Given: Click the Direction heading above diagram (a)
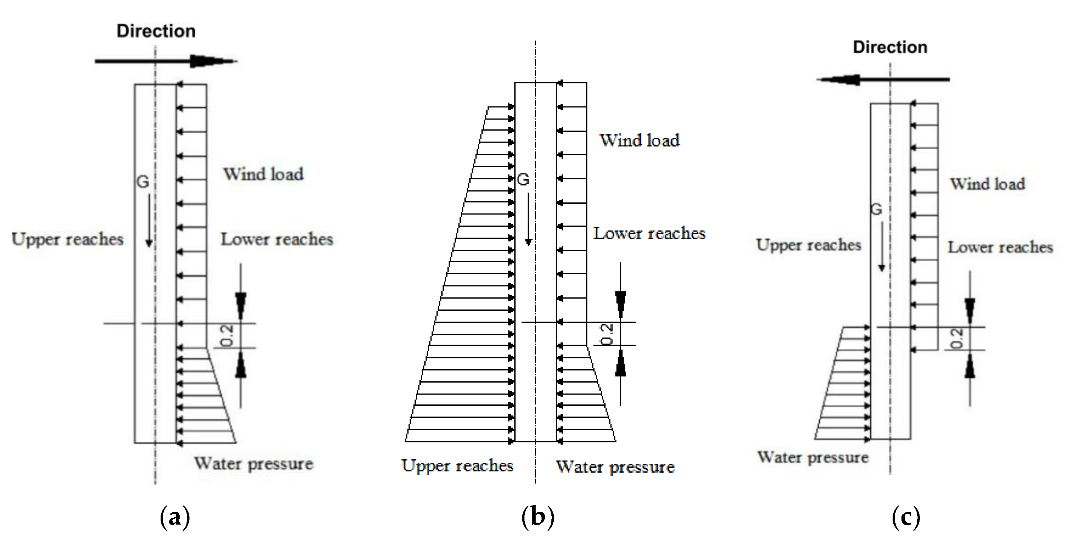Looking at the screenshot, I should tap(156, 32).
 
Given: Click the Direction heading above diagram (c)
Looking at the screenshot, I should tap(890, 47).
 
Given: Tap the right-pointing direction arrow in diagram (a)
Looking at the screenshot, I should tap(166, 61).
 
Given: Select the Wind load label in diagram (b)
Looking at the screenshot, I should tap(639, 141).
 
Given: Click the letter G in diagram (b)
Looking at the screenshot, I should tap(523, 180).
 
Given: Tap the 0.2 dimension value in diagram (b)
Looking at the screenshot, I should tap(607, 334).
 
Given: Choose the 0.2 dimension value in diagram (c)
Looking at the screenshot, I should tap(957, 339).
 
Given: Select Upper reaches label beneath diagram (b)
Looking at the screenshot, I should tap(457, 466).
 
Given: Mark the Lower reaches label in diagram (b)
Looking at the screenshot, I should tap(649, 234).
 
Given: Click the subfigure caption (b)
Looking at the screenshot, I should tap(538, 517).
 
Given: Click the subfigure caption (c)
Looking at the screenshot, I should tap(906, 517).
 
